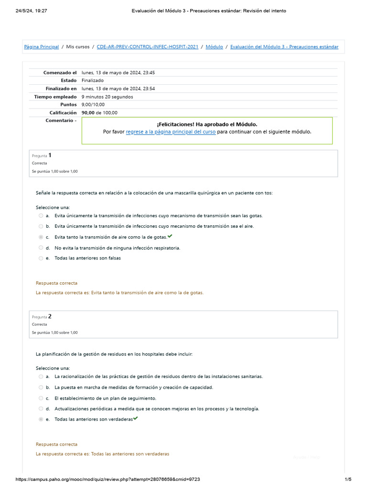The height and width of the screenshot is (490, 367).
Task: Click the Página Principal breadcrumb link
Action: pyautogui.click(x=42, y=47)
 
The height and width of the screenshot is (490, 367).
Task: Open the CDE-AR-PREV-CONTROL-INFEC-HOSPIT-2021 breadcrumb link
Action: pyautogui.click(x=147, y=47)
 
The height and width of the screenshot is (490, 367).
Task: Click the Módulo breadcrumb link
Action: pyautogui.click(x=214, y=47)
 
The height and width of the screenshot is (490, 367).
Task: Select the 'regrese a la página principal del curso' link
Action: pyautogui.click(x=171, y=132)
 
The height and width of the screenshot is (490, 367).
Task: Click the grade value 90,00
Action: pyautogui.click(x=88, y=113)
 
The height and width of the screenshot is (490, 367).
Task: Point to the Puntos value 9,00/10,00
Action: pyautogui.click(x=93, y=105)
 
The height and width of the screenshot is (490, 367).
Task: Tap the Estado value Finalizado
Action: pyautogui.click(x=93, y=80)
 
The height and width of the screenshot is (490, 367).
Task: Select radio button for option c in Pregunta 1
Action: pyautogui.click(x=41, y=237)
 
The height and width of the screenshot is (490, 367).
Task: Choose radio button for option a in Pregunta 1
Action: pyautogui.click(x=41, y=216)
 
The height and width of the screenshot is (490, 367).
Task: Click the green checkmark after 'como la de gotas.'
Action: pyautogui.click(x=170, y=236)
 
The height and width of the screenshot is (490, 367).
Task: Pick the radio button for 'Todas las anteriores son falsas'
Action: pyautogui.click(x=41, y=258)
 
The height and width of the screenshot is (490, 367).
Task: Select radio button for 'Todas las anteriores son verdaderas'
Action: pyautogui.click(x=41, y=420)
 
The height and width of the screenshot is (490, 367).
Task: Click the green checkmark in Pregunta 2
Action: pyautogui.click(x=135, y=419)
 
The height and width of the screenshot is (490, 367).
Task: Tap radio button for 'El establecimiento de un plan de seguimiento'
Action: pyautogui.click(x=41, y=398)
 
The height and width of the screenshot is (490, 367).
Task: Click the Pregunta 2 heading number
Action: pyautogui.click(x=50, y=316)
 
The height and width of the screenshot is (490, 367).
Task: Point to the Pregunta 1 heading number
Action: pyautogui.click(x=50, y=155)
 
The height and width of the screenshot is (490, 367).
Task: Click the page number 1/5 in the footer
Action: pyautogui.click(x=347, y=479)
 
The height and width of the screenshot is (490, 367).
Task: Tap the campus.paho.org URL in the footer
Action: pyautogui.click(x=108, y=479)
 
